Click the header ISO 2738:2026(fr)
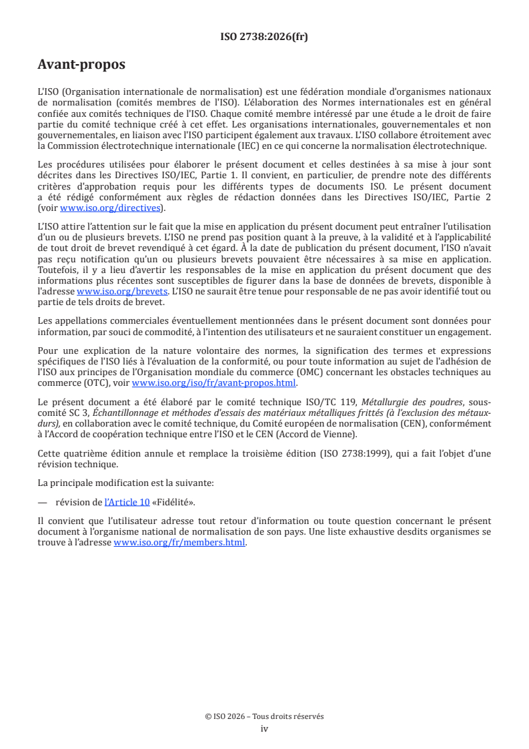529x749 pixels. pos(264,37)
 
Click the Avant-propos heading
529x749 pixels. pos(81,65)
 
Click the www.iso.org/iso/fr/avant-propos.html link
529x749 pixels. pos(214,383)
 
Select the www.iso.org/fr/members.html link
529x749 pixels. pos(180,543)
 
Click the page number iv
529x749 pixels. pos(264,728)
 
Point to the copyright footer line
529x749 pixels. pos(264,716)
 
